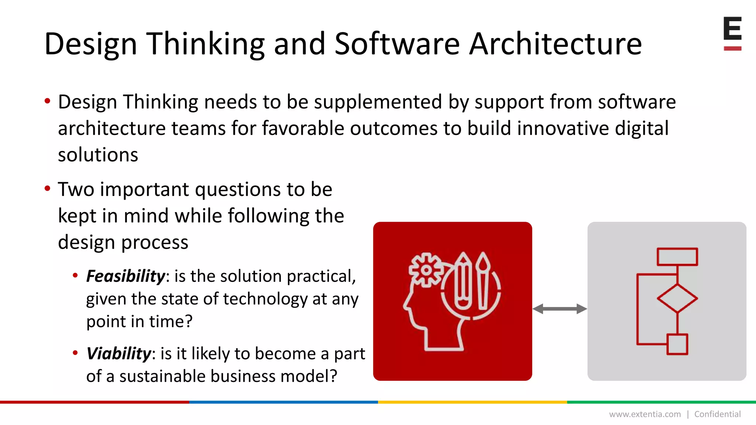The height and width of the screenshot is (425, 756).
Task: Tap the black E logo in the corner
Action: click(x=732, y=29)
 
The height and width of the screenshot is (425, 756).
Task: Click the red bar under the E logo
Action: click(x=732, y=48)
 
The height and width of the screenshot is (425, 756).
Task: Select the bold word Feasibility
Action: click(x=126, y=276)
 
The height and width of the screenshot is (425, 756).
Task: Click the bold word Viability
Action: click(x=118, y=354)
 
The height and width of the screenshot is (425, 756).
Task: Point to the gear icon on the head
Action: click(x=426, y=270)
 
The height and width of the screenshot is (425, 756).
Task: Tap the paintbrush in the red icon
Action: click(x=483, y=280)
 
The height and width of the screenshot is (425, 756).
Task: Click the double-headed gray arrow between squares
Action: click(x=560, y=309)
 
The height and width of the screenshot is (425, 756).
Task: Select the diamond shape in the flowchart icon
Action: click(x=677, y=298)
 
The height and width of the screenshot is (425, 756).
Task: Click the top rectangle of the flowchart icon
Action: click(x=677, y=257)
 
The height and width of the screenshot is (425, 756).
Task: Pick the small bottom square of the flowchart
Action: click(x=677, y=344)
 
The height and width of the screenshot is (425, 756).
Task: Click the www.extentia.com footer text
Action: click(x=645, y=414)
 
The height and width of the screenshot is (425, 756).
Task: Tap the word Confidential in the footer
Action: click(x=717, y=414)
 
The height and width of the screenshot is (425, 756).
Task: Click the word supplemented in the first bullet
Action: click(x=378, y=102)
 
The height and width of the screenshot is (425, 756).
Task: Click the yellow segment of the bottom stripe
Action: click(x=472, y=402)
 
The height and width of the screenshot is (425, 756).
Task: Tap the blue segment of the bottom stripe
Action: click(x=283, y=402)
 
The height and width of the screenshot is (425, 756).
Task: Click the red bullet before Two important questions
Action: click(x=47, y=189)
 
